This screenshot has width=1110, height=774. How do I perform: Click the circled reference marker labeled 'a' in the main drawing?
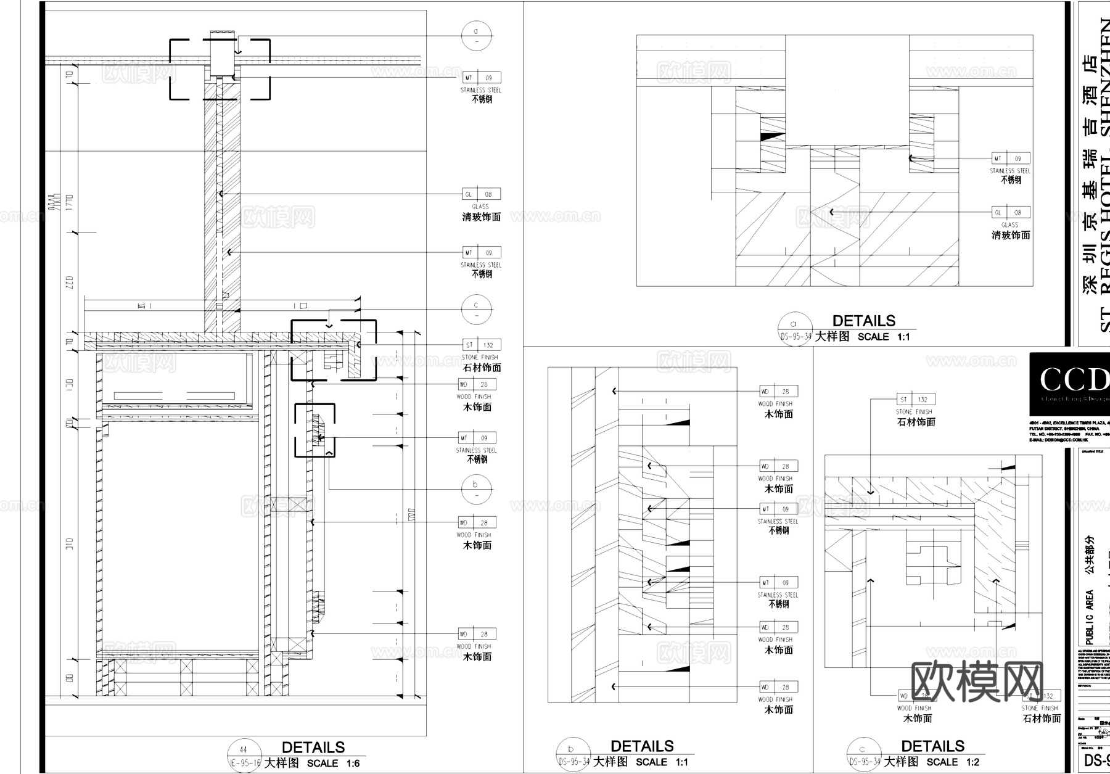pyautogui.click(x=476, y=35)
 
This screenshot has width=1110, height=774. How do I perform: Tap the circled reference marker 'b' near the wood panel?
pyautogui.click(x=476, y=489)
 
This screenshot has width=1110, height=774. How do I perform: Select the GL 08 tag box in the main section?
pyautogui.click(x=482, y=194)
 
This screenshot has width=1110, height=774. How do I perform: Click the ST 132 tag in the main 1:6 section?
pyautogui.click(x=482, y=345)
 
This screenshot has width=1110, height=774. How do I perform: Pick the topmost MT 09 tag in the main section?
pyautogui.click(x=482, y=78)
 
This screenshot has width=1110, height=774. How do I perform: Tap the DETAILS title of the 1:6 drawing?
pyautogui.click(x=313, y=747)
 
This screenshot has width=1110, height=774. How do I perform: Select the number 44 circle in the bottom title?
pyautogui.click(x=243, y=751)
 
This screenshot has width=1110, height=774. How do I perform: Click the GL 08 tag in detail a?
pyautogui.click(x=1011, y=212)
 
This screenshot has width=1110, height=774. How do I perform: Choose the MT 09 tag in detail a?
pyautogui.click(x=1011, y=159)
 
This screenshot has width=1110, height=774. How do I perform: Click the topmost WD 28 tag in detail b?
pyautogui.click(x=778, y=391)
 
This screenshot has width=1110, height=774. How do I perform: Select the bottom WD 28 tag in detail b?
pyautogui.click(x=778, y=687)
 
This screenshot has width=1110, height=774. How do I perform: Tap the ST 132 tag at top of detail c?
pyautogui.click(x=916, y=400)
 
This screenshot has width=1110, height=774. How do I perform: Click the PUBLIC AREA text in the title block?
pyautogui.click(x=1090, y=617)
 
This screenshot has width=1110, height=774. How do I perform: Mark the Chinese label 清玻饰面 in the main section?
pyautogui.click(x=482, y=217)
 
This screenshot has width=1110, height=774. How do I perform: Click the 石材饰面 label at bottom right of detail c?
pyautogui.click(x=1042, y=718)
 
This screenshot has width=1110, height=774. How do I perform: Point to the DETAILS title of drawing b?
pyautogui.click(x=642, y=746)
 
